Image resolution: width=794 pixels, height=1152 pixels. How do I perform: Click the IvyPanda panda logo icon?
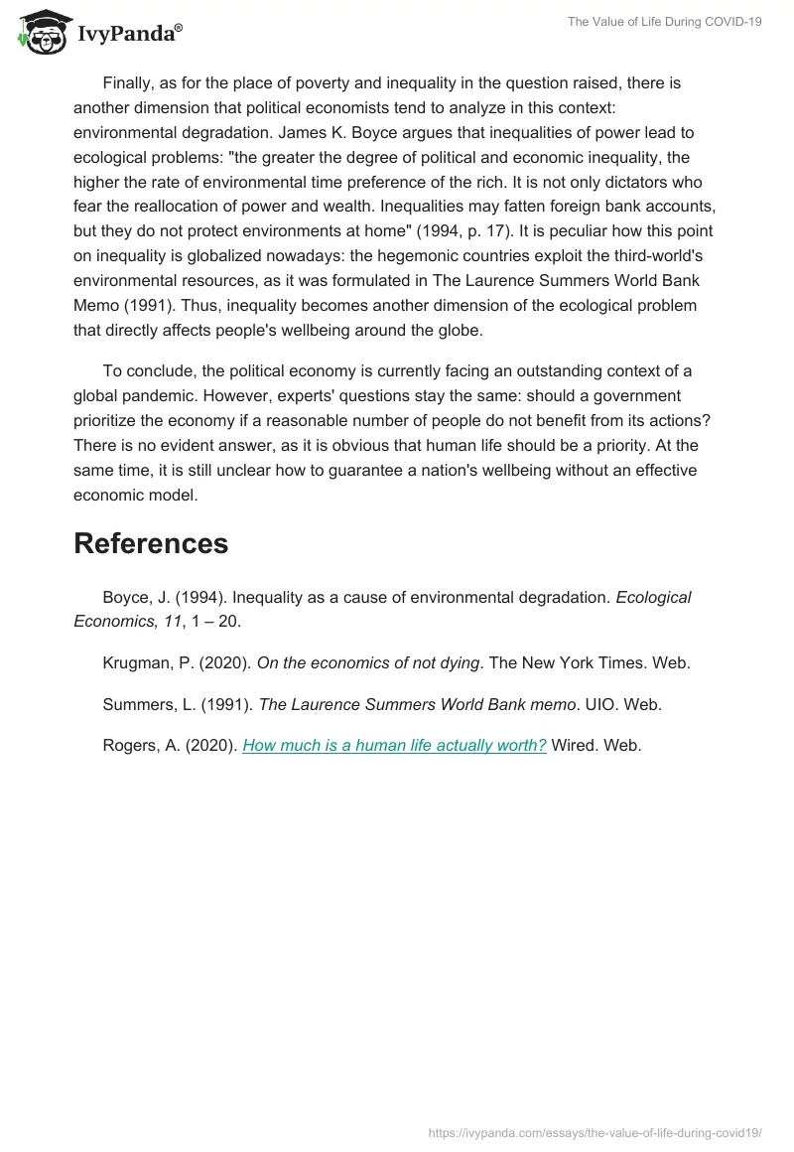tap(41, 33)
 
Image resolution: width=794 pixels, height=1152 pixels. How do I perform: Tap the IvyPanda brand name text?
tap(129, 34)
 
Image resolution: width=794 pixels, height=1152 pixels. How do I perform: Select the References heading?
tap(151, 543)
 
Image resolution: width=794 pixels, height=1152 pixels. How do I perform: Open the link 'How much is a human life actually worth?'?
tap(394, 745)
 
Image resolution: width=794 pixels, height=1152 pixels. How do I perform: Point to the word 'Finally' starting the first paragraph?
tap(130, 82)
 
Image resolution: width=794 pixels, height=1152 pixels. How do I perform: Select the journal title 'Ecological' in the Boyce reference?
tap(653, 597)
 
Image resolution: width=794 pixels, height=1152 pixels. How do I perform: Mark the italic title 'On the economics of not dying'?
tap(368, 663)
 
